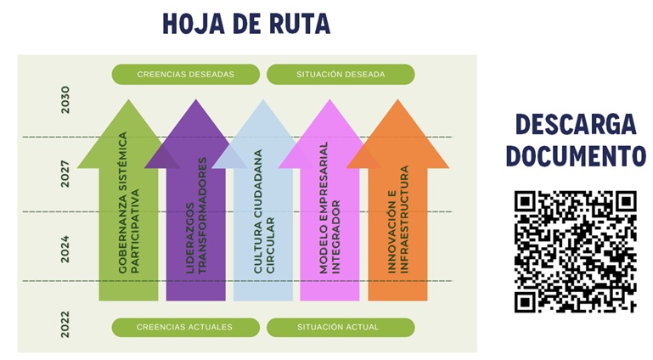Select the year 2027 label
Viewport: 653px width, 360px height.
pos(65,173)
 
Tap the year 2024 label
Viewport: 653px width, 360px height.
pos(65,247)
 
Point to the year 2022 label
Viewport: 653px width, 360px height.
pos(65,324)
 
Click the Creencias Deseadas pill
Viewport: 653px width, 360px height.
pos(185,74)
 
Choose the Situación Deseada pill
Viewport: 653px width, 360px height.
pos(341,74)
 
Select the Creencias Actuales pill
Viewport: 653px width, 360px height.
pos(184,327)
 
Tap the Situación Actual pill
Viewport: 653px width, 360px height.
pos(341,327)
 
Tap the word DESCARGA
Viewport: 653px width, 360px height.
pos(575,125)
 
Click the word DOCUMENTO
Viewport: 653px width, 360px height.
pos(575,156)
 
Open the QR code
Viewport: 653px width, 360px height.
pos(575,251)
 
